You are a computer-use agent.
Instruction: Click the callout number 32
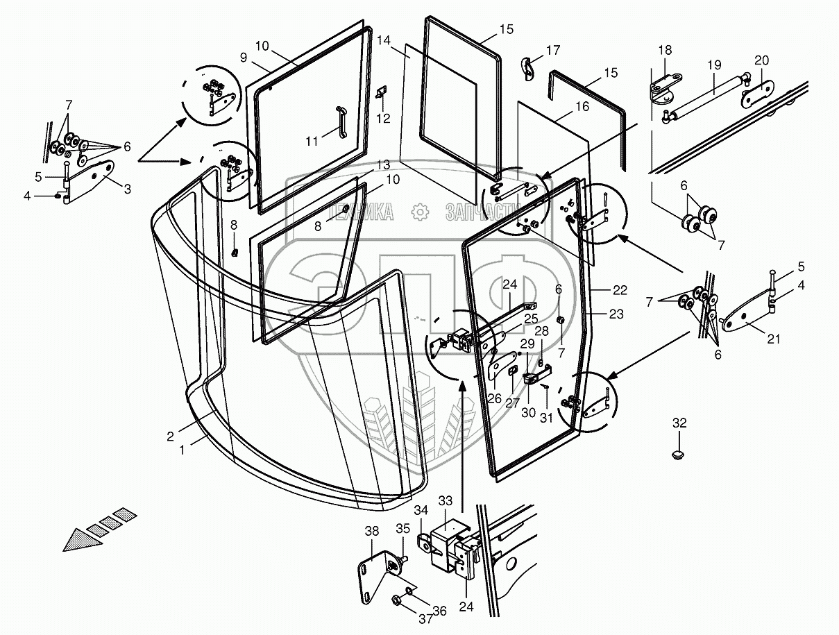(679, 422)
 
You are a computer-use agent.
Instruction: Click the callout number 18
(665, 51)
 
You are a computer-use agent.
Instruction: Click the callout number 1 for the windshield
(183, 450)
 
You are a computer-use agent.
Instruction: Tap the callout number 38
(372, 531)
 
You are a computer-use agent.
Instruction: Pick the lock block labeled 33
(448, 539)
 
